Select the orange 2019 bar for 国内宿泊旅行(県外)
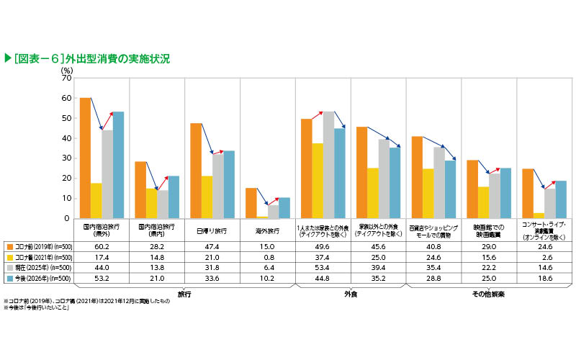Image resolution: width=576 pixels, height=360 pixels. [x=85, y=158]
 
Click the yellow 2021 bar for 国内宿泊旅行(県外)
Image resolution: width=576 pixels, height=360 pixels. [x=96, y=201]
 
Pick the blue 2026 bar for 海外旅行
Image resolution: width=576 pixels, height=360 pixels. [x=284, y=208]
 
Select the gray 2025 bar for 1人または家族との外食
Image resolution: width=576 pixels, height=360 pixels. [x=328, y=165]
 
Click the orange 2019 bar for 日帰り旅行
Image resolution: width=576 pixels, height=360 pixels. [x=196, y=171]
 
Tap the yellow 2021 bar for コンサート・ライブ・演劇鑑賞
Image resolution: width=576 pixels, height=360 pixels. [x=539, y=215]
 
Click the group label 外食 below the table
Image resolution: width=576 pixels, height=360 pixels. [x=351, y=294]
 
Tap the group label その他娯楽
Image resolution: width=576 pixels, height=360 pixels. [x=490, y=294]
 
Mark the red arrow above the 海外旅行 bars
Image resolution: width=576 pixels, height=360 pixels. [x=273, y=202]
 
